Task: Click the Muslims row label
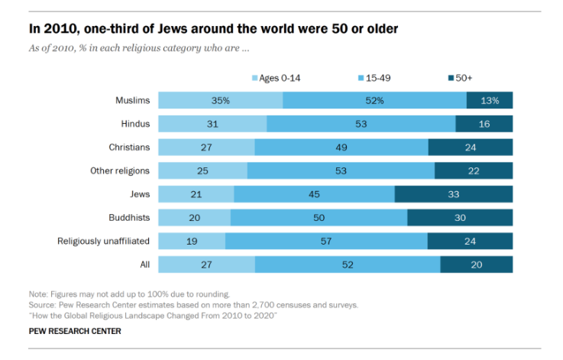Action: click(x=132, y=100)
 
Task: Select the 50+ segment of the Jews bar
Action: click(x=454, y=194)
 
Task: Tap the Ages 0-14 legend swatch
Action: click(x=254, y=78)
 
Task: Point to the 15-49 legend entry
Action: click(x=374, y=78)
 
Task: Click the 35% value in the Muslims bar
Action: click(x=221, y=100)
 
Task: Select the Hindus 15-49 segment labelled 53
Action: click(x=361, y=124)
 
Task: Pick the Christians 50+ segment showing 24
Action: click(x=470, y=147)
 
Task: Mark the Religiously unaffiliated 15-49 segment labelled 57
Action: click(x=326, y=242)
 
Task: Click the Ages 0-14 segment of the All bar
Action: click(x=206, y=264)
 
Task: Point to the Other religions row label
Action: click(x=120, y=170)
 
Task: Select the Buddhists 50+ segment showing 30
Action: click(x=460, y=218)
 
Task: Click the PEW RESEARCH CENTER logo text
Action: click(x=75, y=331)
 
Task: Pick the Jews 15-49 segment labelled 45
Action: click(x=314, y=194)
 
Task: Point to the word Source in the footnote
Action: click(x=43, y=304)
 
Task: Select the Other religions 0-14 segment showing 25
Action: click(x=202, y=170)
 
